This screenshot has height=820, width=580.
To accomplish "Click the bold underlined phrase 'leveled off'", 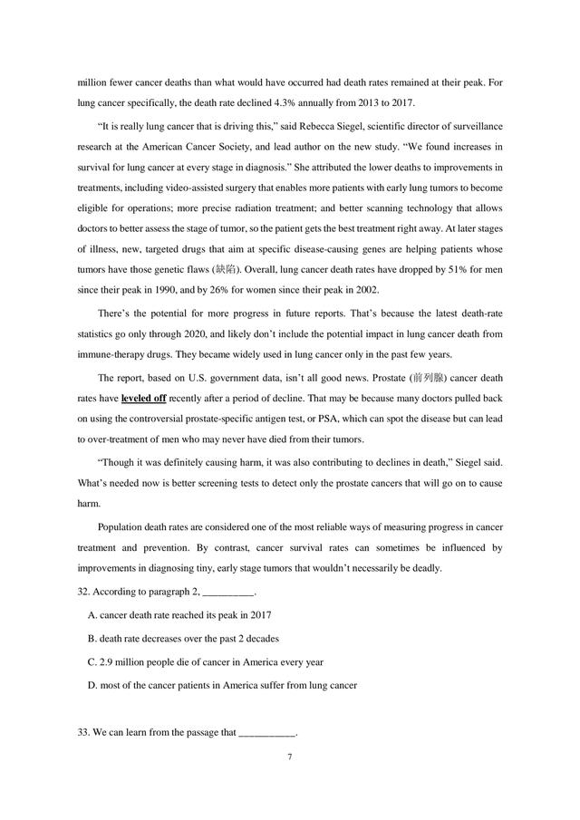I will pyautogui.click(x=143, y=398).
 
